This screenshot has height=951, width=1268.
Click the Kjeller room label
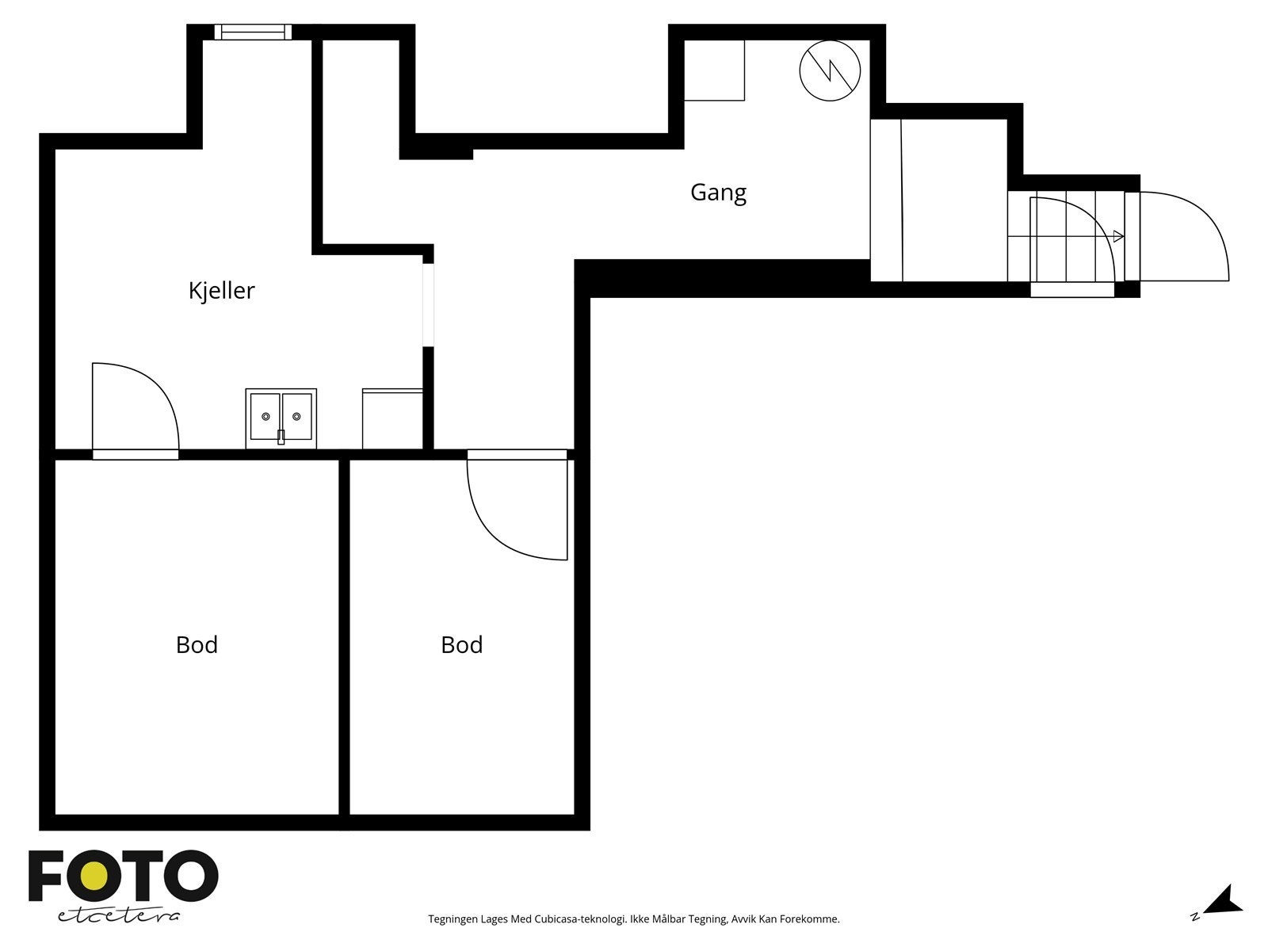coord(221,290)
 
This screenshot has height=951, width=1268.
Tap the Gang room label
coord(718,193)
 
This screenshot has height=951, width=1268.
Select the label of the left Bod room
coord(197,644)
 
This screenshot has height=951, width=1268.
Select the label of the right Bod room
coord(461,644)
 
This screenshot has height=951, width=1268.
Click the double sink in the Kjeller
coord(281,418)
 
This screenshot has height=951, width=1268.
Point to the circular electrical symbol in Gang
coord(830,71)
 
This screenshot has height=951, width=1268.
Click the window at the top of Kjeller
coord(253,32)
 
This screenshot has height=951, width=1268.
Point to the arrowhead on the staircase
coord(1118,236)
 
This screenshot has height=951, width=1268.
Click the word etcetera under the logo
coord(118,916)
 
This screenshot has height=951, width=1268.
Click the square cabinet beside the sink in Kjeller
coord(392,418)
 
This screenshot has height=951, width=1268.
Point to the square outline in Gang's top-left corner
coord(714,70)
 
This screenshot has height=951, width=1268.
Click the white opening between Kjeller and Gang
coord(428,305)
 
